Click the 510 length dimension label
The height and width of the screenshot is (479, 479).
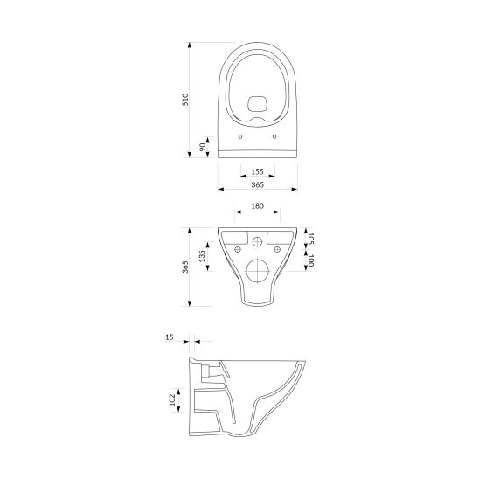184,100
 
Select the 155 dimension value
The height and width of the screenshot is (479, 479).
258,173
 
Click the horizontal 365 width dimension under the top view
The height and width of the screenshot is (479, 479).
258,185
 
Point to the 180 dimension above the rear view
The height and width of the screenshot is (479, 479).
258,208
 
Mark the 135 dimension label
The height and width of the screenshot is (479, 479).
203,256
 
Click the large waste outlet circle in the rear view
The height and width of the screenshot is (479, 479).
258,272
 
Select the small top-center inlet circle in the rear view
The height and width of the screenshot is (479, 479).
258,240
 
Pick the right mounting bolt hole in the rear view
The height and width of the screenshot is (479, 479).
280,248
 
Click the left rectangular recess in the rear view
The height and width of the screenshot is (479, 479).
234,237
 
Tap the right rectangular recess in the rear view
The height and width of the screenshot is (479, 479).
281,237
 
